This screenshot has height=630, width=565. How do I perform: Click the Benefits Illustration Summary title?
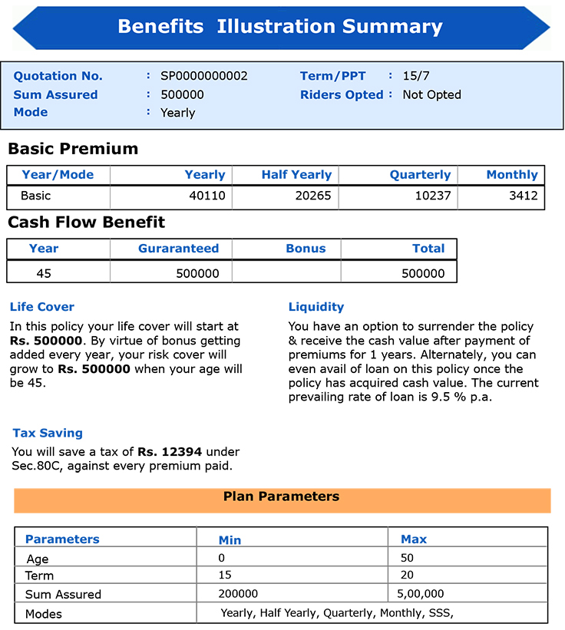[280, 27]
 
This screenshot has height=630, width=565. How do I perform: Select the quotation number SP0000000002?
[204, 76]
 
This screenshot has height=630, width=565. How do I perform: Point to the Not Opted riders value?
[431, 94]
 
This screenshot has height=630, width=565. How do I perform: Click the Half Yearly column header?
[296, 175]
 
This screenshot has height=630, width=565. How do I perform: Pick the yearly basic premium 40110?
[207, 196]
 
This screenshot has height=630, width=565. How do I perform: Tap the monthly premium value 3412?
[524, 196]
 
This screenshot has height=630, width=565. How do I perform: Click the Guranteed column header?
[178, 249]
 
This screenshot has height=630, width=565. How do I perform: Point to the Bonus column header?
[306, 249]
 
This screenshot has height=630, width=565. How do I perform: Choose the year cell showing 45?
[44, 273]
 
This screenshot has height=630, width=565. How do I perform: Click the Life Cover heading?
[42, 307]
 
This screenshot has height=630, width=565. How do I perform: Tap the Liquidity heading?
[316, 307]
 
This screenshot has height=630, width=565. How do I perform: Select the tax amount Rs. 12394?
[164, 452]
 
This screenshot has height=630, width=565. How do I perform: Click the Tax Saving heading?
[48, 433]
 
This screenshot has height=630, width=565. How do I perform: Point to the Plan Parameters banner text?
[281, 496]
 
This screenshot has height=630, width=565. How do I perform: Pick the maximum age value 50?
[408, 558]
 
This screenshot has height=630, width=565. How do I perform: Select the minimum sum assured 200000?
[239, 593]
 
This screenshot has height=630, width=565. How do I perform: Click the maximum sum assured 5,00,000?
[421, 593]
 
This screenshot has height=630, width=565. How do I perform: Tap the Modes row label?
[44, 614]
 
